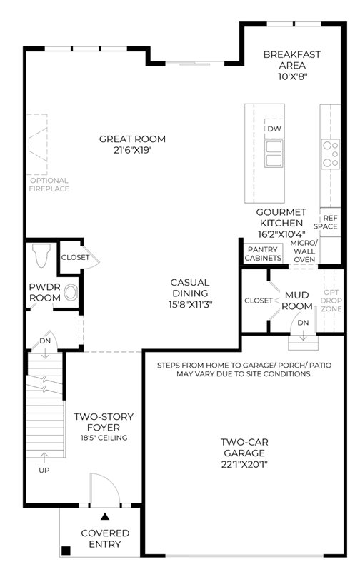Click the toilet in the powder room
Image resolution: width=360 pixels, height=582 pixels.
tap(41, 256)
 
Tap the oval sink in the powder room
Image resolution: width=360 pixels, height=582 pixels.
tap(71, 293)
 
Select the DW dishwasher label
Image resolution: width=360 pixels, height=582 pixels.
tap(274, 129)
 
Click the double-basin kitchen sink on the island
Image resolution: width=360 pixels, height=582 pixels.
tap(274, 153)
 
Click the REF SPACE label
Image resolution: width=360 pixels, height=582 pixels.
tap(326, 222)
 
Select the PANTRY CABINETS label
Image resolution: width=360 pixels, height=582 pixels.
tap(263, 254)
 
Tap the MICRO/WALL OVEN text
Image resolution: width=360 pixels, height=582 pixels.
tap(304, 251)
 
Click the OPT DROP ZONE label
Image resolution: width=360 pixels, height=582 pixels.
tap(331, 301)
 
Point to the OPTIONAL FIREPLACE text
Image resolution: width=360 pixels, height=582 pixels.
tap(49, 185)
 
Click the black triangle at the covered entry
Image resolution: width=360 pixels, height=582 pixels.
tap(106, 516)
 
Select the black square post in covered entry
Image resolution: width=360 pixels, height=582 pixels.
tap(66, 551)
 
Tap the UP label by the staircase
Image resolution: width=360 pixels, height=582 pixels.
tap(44, 471)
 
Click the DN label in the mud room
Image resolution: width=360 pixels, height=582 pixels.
tap(304, 323)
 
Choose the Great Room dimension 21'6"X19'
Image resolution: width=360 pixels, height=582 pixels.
tap(132, 151)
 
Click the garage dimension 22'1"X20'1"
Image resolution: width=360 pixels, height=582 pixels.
tap(244, 464)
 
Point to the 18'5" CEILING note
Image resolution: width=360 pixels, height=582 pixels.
tap(104, 438)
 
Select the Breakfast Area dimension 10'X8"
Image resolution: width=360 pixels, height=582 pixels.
tap(293, 77)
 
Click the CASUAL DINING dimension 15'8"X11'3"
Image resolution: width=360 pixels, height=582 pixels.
tap(190, 304)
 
